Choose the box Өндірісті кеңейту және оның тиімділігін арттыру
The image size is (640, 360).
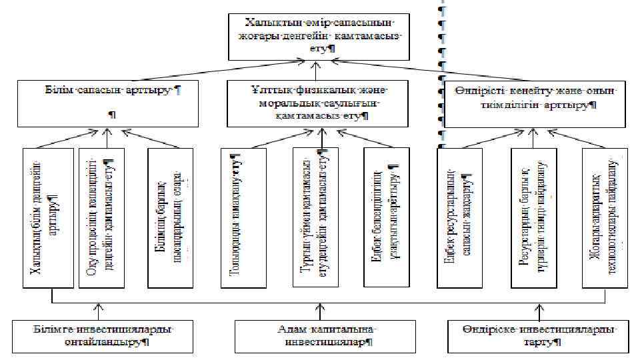coord(535,103)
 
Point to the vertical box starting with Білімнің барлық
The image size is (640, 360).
coord(171,217)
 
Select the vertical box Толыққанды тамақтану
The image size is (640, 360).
coord(243,217)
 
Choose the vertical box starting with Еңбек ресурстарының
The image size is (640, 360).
coord(459,217)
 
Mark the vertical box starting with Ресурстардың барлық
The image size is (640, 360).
coord(533,217)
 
